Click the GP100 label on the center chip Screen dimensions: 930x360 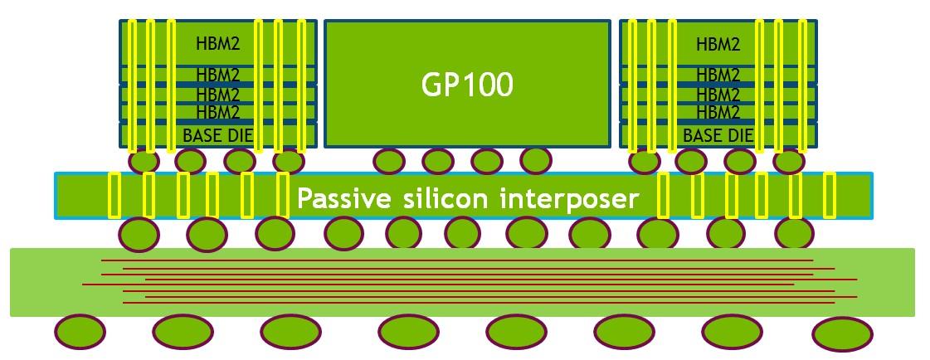467,84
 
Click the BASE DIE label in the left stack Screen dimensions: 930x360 217,135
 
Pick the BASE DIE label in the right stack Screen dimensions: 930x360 718,135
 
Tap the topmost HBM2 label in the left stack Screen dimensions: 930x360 217,44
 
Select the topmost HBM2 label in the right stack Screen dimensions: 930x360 718,44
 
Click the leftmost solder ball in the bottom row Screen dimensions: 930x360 80,332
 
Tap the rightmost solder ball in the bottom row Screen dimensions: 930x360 842,334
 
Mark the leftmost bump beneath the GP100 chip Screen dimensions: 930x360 389,160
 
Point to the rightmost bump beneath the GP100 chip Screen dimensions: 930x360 535,159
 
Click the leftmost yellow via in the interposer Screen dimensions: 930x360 114,196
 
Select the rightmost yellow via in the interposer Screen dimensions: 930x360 829,196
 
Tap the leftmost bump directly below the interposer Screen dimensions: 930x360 139,233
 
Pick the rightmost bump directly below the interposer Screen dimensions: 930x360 795,233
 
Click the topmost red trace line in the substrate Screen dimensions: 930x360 456,260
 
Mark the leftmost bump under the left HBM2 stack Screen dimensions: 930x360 143,159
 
